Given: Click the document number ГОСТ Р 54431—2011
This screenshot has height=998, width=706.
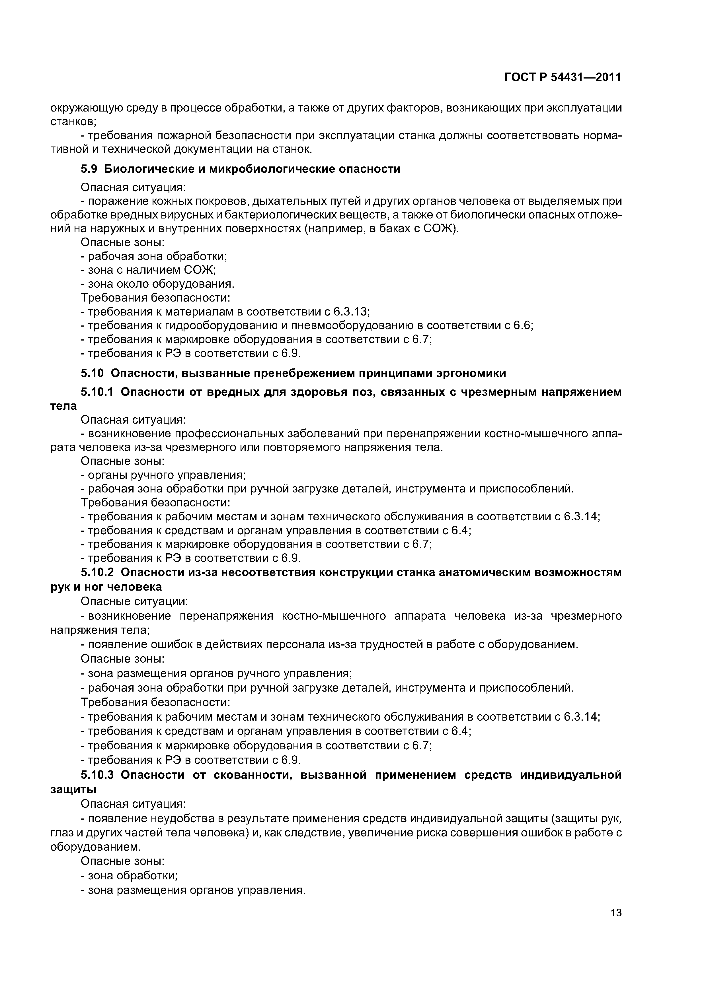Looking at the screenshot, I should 563,77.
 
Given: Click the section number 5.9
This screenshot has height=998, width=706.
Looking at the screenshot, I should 89,169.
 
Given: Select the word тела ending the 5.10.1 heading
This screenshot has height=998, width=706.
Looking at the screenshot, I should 63,406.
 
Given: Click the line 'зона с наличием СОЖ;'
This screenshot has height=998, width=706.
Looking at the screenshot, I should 149,270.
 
